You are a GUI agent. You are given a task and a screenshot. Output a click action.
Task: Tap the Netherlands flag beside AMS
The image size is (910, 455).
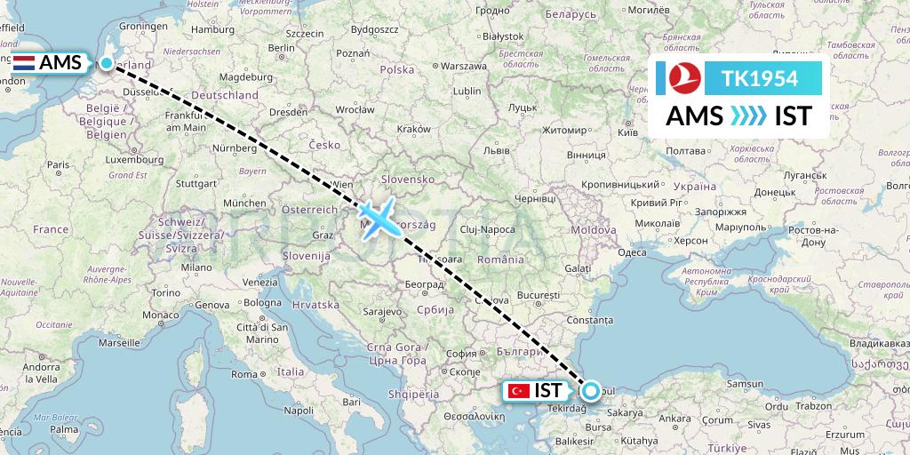point(25,63)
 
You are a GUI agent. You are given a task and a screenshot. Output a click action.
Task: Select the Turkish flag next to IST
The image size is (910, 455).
point(517,390)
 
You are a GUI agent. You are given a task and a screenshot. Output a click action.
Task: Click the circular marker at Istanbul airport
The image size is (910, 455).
point(590,388)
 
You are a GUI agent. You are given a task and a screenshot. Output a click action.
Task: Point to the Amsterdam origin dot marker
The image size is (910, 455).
point(108,63)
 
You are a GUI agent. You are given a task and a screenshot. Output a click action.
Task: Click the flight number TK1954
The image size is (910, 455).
point(759,79)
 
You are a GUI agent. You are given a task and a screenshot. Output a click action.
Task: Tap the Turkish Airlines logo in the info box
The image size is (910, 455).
point(684,78)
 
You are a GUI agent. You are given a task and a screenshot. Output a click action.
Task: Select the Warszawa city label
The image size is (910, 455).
point(465,66)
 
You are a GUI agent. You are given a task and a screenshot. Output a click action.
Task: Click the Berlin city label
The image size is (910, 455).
point(282,48)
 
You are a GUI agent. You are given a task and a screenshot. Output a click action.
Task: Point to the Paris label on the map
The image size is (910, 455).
point(58,164)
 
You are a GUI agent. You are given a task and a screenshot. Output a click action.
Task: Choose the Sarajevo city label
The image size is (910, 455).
point(383,313)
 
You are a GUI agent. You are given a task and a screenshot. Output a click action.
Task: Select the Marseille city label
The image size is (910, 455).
point(121,341)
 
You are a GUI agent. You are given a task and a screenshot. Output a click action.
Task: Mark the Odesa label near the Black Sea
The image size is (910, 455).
point(632,252)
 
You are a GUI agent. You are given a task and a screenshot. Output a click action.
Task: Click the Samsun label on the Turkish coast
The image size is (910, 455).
point(744,383)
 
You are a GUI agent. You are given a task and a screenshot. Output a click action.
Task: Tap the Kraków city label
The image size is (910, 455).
point(413,129)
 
